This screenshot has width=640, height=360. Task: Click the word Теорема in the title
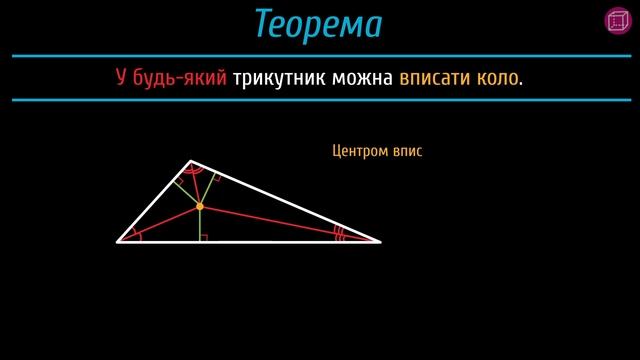coord(318,24)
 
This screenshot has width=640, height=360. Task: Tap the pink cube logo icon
coord(616,20)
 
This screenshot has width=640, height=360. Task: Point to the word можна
coord(360,78)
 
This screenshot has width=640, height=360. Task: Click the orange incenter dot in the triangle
coord(200,207)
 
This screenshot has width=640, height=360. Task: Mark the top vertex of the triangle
coord(191,160)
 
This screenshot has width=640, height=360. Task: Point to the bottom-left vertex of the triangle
coord(118,241)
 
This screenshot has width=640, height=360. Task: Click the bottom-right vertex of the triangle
coord(380,241)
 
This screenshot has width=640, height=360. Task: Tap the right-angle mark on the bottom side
coord(204,237)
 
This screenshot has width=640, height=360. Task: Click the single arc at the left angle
coord(137,237)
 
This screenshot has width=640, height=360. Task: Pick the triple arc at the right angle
coord(340,236)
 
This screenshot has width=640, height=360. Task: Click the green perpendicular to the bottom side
coord(200,225)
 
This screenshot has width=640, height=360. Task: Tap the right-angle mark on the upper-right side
coord(216,181)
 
